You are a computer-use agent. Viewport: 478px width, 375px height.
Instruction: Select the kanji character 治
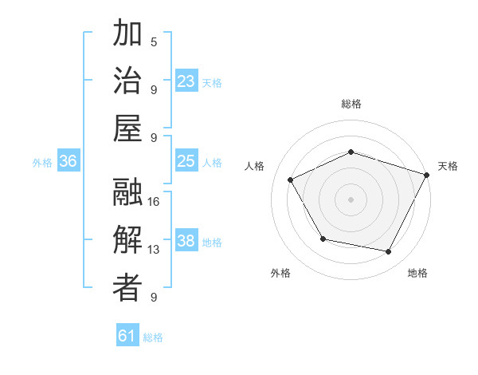pos(127,81)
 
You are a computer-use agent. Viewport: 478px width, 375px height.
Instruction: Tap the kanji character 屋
pos(127,129)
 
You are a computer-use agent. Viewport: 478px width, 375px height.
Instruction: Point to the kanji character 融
pos(127,193)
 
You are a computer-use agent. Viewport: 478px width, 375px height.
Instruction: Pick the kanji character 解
pos(127,241)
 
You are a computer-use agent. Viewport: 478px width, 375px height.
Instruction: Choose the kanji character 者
pos(127,289)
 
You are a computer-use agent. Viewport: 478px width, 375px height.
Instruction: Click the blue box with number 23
pos(186,81)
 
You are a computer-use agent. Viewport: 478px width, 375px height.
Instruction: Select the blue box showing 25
pos(186,161)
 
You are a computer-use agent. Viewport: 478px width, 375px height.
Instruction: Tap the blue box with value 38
pos(186,242)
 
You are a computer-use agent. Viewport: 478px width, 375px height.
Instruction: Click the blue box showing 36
pos(69,161)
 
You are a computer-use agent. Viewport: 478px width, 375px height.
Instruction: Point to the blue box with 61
pos(127,336)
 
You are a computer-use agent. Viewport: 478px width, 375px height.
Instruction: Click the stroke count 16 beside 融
pos(154,202)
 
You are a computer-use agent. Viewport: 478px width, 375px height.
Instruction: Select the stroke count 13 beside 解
pos(154,250)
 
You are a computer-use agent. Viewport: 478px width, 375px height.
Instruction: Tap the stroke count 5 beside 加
pos(154,41)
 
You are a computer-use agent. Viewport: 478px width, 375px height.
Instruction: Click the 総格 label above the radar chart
pos(351,104)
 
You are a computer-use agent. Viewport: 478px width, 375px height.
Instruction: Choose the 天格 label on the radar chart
pos(448,166)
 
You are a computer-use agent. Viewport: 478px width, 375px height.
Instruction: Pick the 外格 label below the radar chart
pos(280,274)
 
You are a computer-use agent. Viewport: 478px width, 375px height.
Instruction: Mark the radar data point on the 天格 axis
pos(427,174)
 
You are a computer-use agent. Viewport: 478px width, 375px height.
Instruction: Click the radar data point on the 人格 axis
pos(291,180)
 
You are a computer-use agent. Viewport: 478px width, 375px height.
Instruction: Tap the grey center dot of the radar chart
pos(351,199)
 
